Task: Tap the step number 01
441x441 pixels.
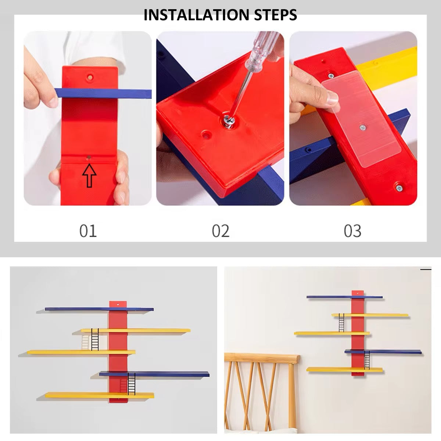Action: coord(88,231)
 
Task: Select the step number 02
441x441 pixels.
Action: coord(220,231)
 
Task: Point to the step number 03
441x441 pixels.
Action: coord(352,231)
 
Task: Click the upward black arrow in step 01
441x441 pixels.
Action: coord(89,176)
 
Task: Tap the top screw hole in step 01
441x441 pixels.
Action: coord(90,77)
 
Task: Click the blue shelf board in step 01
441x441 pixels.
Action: coord(103,93)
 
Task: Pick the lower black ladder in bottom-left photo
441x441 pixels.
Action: coord(132,384)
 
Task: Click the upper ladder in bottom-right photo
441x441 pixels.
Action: coord(341,323)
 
